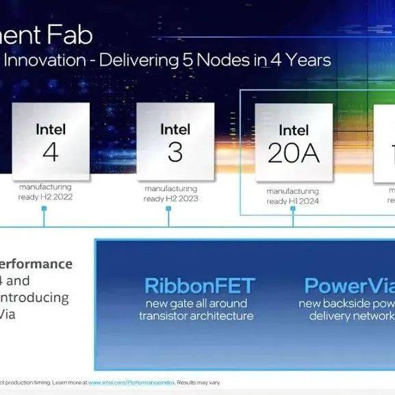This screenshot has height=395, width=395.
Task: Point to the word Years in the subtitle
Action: point(305,60)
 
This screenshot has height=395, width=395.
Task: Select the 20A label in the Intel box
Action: point(294,154)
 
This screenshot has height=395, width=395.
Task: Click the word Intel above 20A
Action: point(294,130)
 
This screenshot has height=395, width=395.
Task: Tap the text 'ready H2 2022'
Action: point(45,197)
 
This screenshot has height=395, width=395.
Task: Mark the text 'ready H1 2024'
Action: point(292,201)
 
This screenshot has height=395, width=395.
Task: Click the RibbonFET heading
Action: point(199,286)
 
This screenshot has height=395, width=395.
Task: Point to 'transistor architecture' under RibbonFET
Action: point(196,316)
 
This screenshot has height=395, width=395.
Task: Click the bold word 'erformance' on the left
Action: point(36,264)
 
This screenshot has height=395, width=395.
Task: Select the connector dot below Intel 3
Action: point(168,225)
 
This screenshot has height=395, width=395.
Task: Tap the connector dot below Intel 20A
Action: point(292,225)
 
